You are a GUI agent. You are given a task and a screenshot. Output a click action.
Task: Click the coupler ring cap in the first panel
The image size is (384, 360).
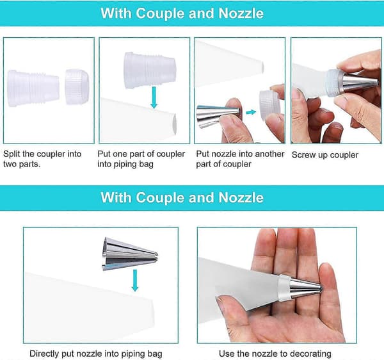[77, 86]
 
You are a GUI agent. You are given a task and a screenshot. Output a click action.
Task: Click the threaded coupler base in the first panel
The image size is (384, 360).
[33, 88]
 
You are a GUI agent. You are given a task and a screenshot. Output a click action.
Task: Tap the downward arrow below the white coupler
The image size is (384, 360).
[154, 97]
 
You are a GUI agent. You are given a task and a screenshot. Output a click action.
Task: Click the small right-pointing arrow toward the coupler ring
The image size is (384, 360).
[251, 112]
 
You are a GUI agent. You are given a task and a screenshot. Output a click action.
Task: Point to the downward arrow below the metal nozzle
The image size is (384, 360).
[135, 281]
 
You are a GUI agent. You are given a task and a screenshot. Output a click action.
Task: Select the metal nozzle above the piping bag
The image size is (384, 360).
[131, 254]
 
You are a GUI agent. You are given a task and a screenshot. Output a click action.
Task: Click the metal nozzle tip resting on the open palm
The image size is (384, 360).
[306, 287]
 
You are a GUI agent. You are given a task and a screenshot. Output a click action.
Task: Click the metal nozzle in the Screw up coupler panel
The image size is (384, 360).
[360, 83]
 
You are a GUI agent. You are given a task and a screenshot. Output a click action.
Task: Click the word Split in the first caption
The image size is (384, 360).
[12, 154]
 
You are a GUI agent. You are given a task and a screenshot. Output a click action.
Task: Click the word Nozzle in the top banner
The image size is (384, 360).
[241, 13]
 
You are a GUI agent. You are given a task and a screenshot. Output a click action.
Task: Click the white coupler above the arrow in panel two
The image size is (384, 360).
[150, 70]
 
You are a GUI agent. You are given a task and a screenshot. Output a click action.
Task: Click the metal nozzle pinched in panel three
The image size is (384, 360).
[218, 116]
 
